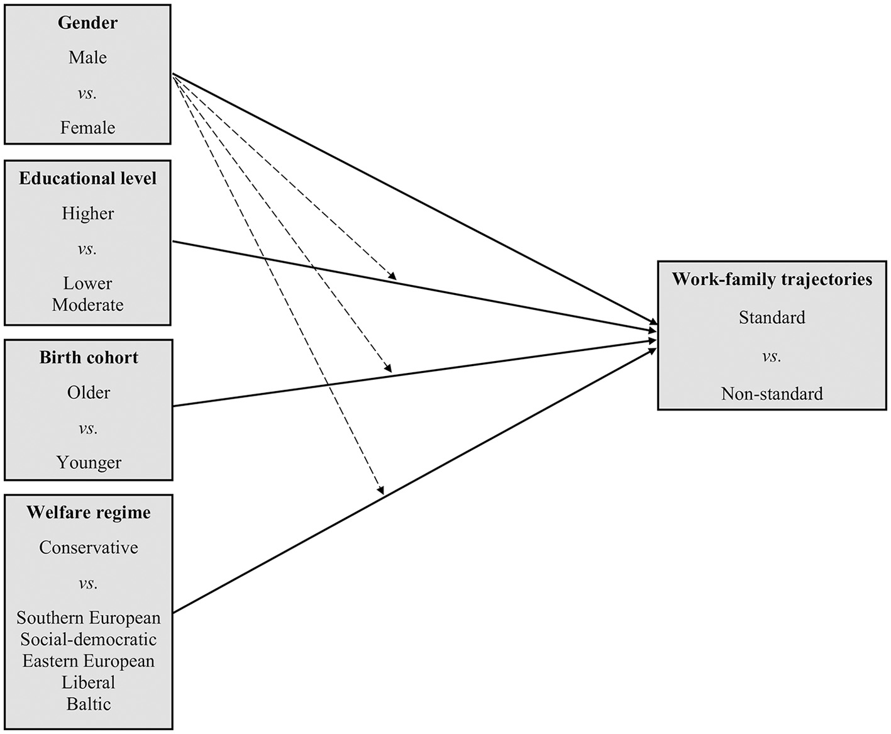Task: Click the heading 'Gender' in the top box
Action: [87, 23]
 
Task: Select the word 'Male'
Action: [87, 58]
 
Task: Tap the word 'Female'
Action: [87, 128]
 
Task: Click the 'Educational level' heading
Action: [87, 179]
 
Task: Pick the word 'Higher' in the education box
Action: [87, 214]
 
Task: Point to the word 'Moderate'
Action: [87, 305]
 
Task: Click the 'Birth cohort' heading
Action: [89, 358]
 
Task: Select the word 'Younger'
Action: [89, 463]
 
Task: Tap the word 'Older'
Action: [89, 393]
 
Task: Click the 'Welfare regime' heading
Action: [89, 513]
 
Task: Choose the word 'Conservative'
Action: [89, 548]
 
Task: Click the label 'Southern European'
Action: [89, 618]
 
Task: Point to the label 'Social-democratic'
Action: [89, 640]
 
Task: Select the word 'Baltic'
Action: [89, 704]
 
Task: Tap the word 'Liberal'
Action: [89, 682]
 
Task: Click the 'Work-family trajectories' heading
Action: [772, 279]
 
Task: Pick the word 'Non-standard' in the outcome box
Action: [772, 394]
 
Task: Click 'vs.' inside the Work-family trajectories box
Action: [772, 357]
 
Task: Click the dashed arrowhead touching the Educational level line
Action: [393, 276]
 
